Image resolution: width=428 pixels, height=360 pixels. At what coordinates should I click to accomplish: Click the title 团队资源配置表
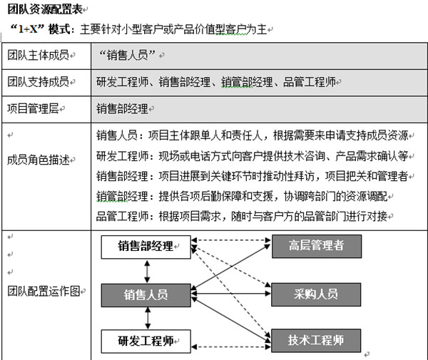click(x=44, y=11)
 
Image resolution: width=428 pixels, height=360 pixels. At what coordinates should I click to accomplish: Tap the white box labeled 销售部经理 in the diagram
click(x=146, y=247)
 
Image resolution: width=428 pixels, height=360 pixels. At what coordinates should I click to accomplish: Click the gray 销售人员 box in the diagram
click(x=146, y=293)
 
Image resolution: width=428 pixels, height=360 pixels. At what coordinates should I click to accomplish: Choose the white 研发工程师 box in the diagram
click(x=146, y=340)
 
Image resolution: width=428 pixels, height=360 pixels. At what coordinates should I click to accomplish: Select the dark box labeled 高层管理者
click(x=316, y=246)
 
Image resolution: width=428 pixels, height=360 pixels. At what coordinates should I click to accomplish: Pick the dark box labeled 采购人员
click(x=316, y=293)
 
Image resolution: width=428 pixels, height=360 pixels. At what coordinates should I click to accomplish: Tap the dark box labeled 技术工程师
click(x=316, y=340)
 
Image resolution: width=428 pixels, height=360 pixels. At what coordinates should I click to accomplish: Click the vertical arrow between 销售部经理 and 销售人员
click(x=146, y=270)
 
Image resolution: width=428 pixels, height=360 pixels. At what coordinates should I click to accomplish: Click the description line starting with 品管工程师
click(x=243, y=215)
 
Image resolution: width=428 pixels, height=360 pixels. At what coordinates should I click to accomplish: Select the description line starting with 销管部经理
click(x=243, y=195)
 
